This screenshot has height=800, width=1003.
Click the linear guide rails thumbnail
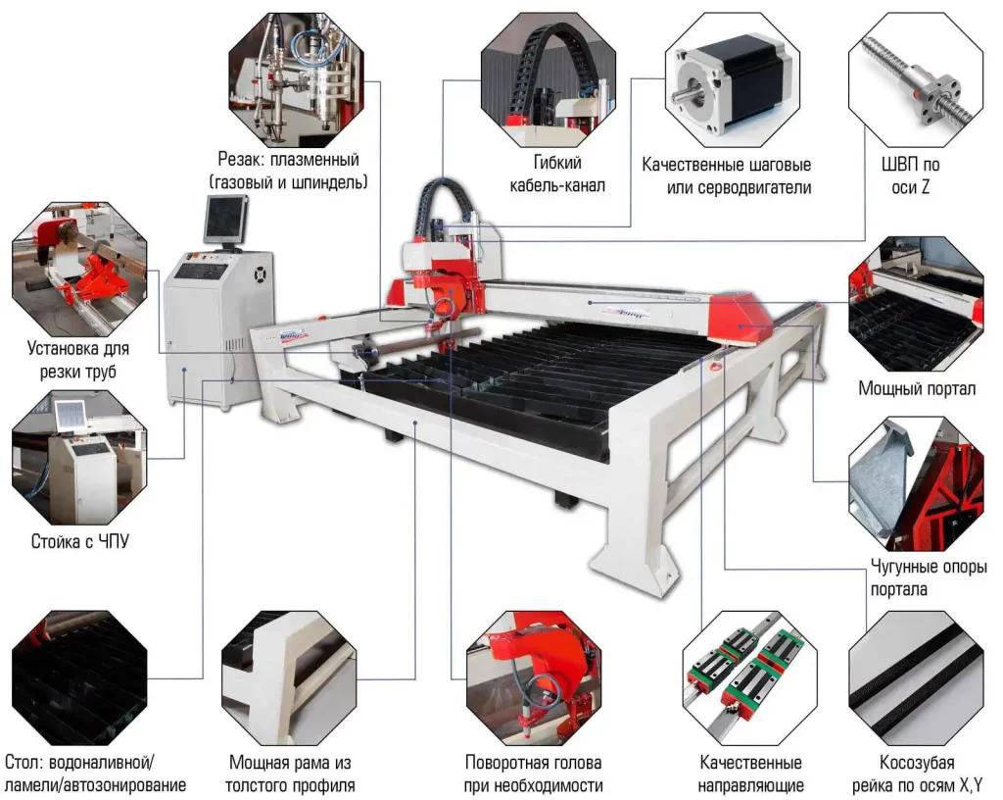749,677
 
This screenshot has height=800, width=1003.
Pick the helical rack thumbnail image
916,677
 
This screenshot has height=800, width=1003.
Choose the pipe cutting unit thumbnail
79,269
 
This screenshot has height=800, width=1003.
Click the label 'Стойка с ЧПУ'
80,541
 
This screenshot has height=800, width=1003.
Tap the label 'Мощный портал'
917,388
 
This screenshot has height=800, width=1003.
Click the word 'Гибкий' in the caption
557,163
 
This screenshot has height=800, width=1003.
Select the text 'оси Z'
910,187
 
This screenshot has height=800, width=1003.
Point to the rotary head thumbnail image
534,677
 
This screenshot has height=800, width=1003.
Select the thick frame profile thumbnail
289,677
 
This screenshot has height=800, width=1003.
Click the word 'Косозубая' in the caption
917,762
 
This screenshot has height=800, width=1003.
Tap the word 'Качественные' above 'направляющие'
750,762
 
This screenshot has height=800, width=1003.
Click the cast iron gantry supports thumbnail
916,484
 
